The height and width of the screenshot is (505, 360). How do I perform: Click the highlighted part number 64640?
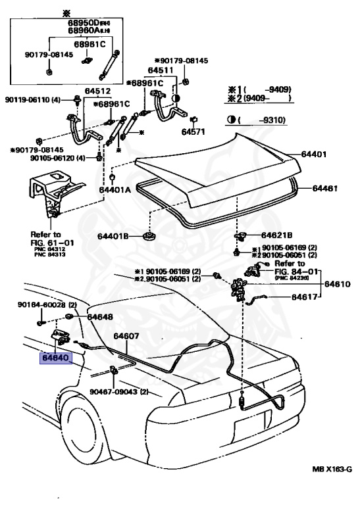[57, 360]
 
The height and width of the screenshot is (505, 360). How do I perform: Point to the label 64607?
[126, 336]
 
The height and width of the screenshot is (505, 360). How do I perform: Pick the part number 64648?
[100, 317]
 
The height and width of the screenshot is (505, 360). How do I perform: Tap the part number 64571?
[195, 131]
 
